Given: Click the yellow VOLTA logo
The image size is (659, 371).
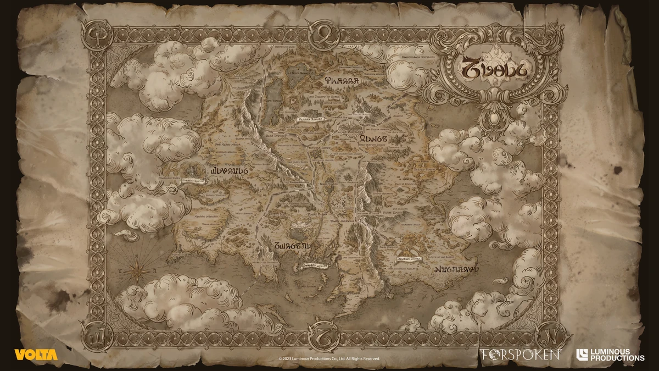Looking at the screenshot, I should (36, 355).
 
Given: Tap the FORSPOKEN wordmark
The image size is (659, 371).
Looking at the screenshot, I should (520, 355).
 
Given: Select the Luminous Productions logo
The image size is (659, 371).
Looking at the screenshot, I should (610, 355).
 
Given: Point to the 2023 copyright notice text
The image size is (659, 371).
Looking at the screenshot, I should (329, 358).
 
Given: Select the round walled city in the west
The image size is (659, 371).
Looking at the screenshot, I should (194, 168).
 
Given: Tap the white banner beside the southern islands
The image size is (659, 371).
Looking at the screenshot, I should (314, 265).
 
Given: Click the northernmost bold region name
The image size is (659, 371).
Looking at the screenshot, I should (340, 80).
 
